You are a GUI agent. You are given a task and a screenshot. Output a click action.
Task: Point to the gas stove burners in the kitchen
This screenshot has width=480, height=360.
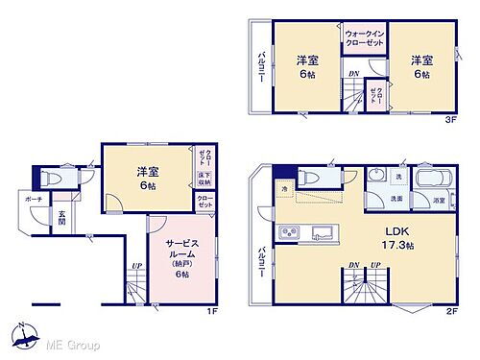(x=290, y=233)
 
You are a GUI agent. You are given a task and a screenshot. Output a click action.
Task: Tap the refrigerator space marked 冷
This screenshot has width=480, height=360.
(x=285, y=192)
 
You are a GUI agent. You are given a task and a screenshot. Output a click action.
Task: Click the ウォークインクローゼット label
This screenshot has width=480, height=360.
(x=364, y=40)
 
